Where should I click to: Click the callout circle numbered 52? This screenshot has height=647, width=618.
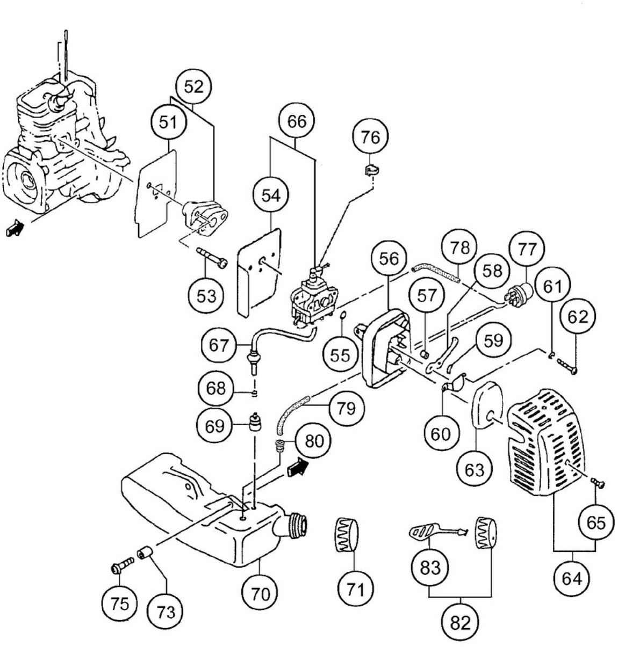pos(193,86)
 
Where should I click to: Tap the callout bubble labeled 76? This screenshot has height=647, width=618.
pos(370,138)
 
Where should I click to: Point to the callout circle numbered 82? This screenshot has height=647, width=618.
pos(460,622)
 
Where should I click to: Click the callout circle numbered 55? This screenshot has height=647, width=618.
pos(340,355)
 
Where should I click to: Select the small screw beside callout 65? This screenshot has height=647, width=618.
pos(598,483)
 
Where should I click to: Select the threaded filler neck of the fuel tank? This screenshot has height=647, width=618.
pos(296,522)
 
